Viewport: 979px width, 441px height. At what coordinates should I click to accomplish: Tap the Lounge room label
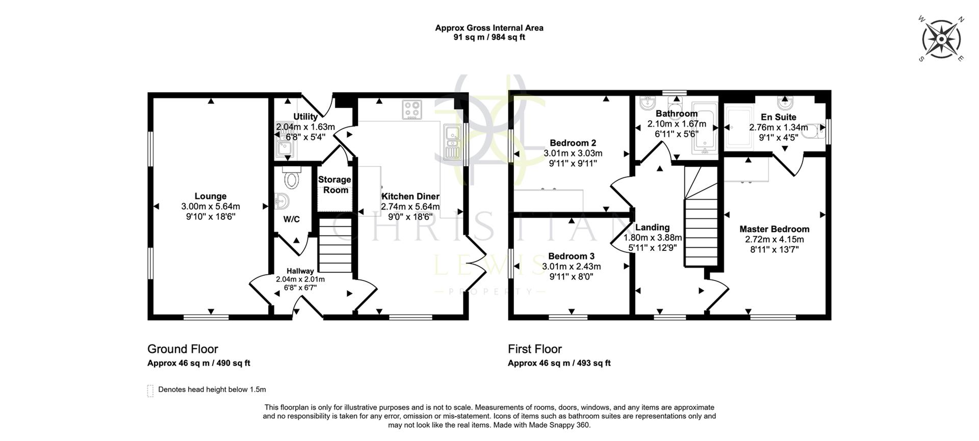[x=210, y=196]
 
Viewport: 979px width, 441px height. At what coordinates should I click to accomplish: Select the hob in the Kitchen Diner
[x=412, y=109]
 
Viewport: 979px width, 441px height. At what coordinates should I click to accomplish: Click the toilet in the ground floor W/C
[x=292, y=179]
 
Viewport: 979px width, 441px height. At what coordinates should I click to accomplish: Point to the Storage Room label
[x=334, y=185]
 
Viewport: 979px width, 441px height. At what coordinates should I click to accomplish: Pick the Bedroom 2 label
[x=573, y=143]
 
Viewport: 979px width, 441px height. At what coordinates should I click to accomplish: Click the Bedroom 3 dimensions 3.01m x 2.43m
[x=571, y=267]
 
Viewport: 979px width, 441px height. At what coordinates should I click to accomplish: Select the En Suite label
[x=778, y=117]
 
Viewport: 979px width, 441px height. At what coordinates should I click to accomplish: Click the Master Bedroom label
[x=774, y=229]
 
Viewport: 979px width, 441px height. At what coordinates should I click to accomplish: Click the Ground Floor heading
[x=183, y=349]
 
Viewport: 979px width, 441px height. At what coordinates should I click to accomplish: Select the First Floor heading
[x=534, y=349]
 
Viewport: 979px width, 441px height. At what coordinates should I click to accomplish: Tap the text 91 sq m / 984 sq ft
[x=489, y=37]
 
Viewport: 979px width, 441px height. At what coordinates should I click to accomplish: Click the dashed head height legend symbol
[x=150, y=391]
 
